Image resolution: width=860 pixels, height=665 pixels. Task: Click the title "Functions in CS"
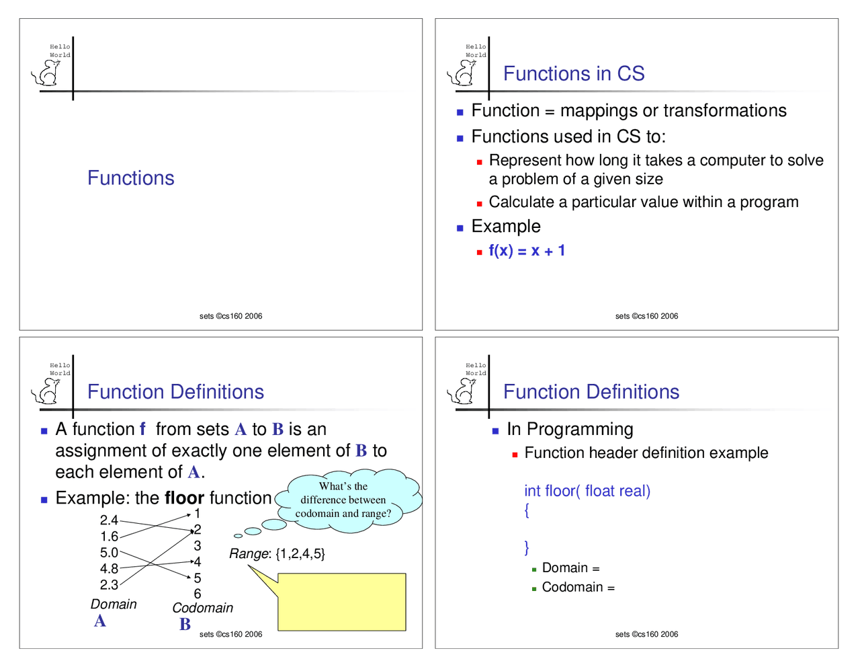pos(574,73)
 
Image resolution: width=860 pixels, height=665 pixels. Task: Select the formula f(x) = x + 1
pos(527,251)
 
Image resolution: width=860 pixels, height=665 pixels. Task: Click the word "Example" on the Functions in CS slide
pos(506,227)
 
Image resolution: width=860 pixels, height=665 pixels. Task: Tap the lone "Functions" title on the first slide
pos(131,178)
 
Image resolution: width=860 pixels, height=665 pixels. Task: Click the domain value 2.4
pos(109,520)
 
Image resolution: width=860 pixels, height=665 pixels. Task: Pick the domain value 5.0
pos(109,553)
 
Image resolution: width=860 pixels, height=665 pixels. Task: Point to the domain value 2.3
pos(109,585)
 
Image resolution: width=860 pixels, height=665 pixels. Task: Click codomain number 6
pos(198,594)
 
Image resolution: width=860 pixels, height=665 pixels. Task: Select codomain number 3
pos(198,546)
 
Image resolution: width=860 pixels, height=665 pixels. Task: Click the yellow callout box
pos(341,602)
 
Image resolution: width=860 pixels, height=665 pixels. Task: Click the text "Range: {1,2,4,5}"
pos(277,554)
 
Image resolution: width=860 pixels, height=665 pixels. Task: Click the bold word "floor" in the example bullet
pos(184,498)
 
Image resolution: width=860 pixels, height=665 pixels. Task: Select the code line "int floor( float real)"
pos(587,491)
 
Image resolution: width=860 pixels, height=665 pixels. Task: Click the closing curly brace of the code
pos(527,547)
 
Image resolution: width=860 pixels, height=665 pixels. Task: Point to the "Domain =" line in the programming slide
pos(570,568)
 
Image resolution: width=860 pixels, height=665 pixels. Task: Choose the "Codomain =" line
pos(578,588)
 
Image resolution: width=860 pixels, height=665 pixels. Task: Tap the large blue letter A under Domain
pos(100,621)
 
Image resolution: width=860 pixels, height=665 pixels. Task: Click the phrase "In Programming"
pos(570,430)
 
